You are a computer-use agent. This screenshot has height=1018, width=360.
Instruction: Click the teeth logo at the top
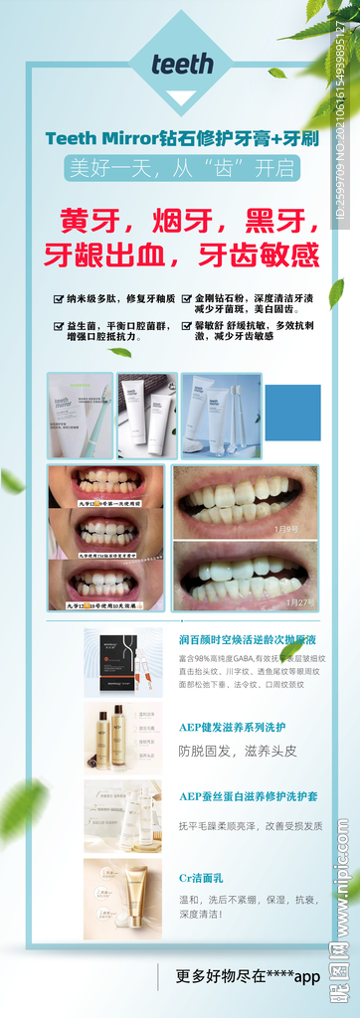click(182, 65)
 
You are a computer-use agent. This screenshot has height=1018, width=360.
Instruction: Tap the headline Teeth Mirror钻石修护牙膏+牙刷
click(182, 138)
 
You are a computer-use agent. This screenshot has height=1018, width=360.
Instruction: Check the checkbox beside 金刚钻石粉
click(186, 297)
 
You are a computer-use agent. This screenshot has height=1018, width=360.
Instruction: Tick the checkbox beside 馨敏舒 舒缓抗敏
click(186, 325)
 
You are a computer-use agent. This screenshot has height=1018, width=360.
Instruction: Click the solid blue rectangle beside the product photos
click(292, 413)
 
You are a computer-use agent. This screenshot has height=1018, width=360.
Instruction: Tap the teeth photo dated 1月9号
click(246, 501)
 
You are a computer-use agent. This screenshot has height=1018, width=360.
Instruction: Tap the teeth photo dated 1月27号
click(246, 575)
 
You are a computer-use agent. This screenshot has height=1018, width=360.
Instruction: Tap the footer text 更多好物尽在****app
click(248, 976)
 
